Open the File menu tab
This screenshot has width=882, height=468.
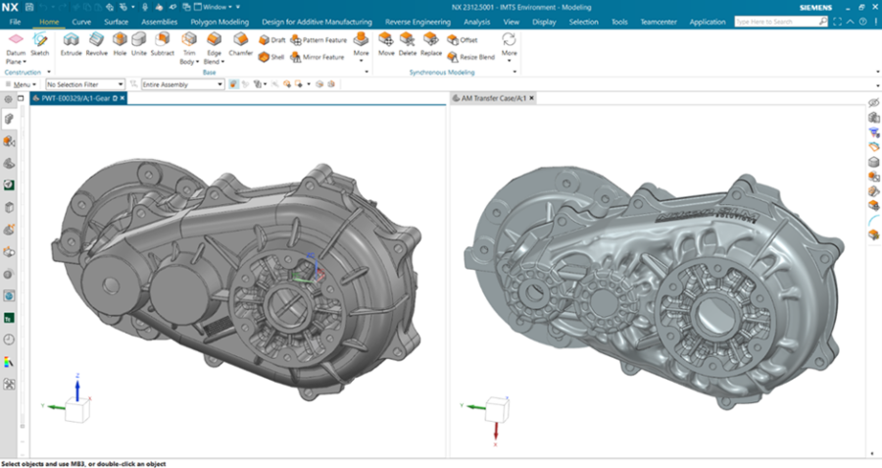coord(15,21)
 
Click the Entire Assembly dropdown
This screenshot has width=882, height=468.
coord(182,84)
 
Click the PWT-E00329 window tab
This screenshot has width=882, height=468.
coord(77,99)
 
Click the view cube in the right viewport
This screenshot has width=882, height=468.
coord(497,407)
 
